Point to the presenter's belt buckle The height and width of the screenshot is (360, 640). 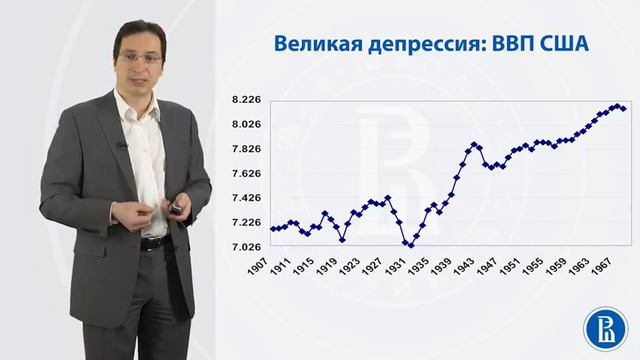coord(151,243)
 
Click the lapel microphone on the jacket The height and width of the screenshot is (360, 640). coord(122,146)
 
